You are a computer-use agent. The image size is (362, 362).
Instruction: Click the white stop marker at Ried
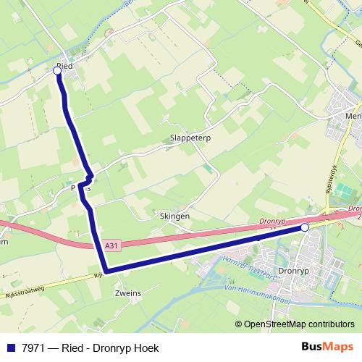(x=58, y=71)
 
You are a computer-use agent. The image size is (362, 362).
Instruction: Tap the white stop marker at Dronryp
(x=305, y=228)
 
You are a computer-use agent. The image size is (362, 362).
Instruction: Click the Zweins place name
(x=127, y=293)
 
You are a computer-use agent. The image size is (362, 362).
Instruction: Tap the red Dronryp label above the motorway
(x=272, y=223)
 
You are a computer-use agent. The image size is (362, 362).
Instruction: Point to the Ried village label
(x=65, y=65)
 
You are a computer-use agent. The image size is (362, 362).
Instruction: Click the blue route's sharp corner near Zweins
(x=106, y=271)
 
